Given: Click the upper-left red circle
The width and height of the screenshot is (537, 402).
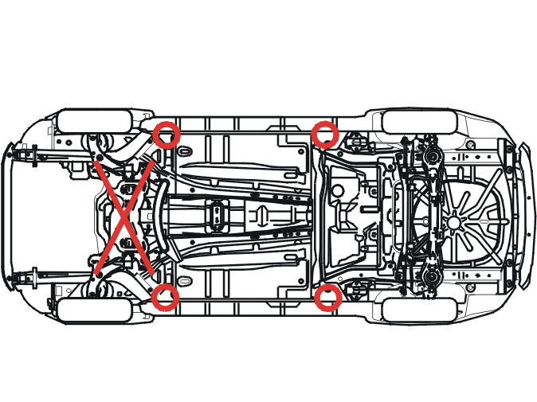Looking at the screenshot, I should point(167,135).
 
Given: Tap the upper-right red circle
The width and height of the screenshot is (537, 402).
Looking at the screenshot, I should point(325,134).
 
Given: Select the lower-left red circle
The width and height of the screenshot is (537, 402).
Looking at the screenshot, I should point(166,298).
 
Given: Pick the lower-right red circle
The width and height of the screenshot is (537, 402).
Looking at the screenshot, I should point(328,298).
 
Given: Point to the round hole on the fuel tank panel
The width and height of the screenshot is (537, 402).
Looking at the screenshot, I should point(339,191).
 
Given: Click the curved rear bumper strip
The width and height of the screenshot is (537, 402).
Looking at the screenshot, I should point(523,216).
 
